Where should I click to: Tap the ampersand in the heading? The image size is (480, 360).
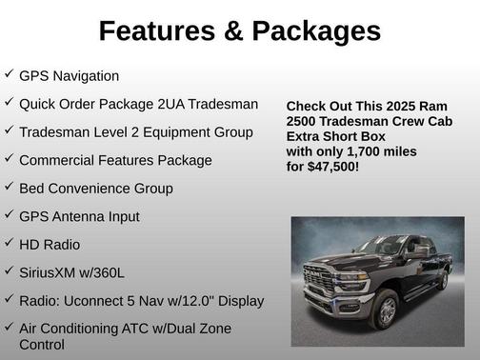click(x=235, y=30)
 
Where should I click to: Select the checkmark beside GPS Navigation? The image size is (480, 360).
click(x=9, y=74)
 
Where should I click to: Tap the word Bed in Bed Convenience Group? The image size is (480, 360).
click(x=32, y=189)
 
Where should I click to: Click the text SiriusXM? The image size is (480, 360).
click(x=53, y=272)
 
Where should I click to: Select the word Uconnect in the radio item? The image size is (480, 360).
click(x=95, y=301)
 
